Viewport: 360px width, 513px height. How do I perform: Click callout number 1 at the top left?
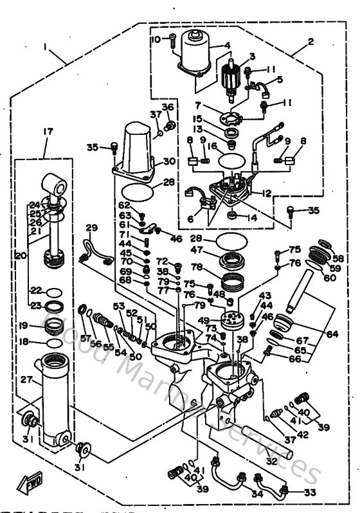(x=46, y=47)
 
